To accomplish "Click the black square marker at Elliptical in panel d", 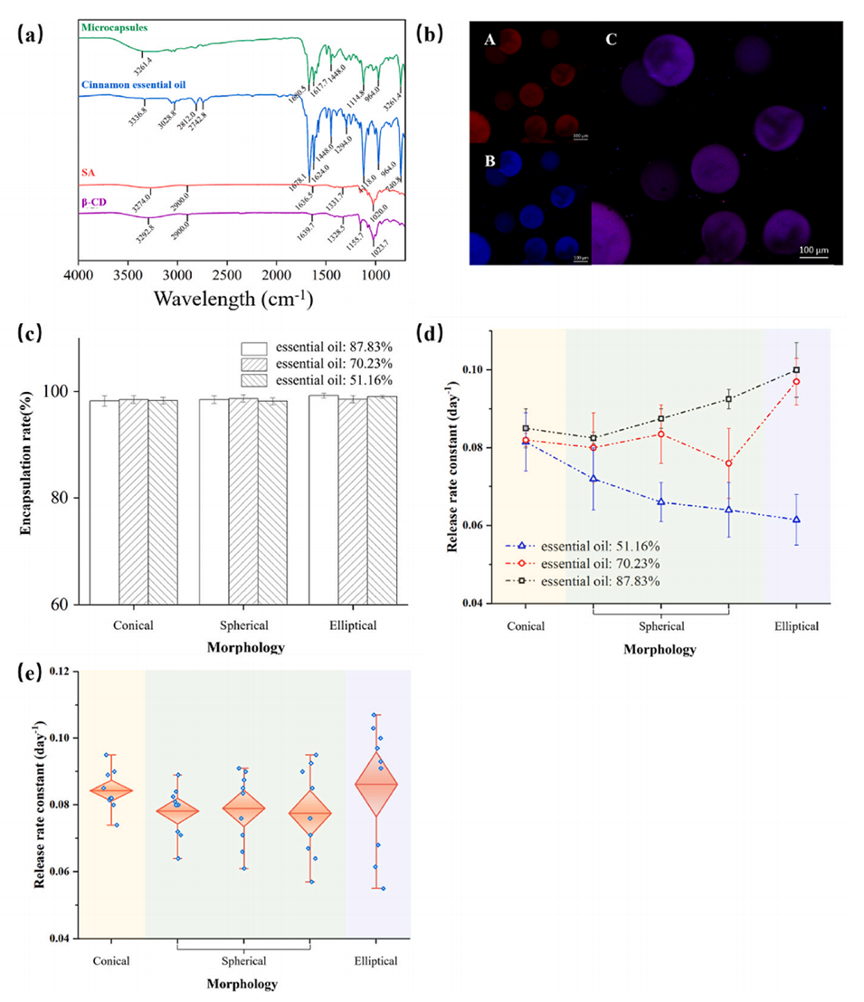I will (796, 369).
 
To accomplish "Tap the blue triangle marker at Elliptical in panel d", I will (796, 520).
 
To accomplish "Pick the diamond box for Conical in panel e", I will (112, 790).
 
